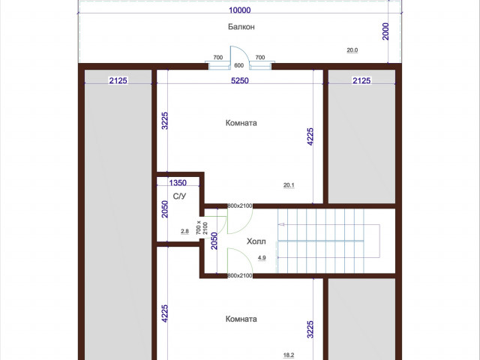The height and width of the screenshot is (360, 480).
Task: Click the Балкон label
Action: [x=241, y=27]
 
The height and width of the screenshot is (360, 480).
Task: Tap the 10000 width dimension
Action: [x=240, y=10]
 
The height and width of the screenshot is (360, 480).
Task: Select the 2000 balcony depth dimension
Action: [x=385, y=31]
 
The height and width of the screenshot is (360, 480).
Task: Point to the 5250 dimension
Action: [x=240, y=80]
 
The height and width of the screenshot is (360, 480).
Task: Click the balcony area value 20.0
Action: [x=352, y=50]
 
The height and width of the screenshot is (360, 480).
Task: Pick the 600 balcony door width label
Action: [x=238, y=65]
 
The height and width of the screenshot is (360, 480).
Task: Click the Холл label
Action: [x=256, y=241]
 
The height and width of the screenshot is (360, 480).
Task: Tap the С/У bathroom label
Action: [x=179, y=196]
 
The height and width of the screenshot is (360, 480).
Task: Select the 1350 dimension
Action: [x=178, y=183]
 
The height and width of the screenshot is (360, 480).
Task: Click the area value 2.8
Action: [x=184, y=232]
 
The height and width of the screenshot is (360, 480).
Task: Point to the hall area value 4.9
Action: [x=262, y=258]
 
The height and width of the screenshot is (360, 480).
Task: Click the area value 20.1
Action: [x=289, y=185]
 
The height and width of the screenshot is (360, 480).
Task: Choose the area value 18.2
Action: [x=289, y=355]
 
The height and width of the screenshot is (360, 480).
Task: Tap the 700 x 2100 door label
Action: [x=202, y=228]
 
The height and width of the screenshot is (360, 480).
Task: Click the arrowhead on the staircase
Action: [x=282, y=225]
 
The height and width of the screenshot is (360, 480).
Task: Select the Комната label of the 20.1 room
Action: [x=241, y=123]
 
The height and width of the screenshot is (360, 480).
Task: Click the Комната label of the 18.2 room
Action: [x=241, y=319]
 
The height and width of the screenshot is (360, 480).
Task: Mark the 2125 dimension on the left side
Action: [x=118, y=80]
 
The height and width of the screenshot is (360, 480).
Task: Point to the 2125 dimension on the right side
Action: [x=361, y=80]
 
